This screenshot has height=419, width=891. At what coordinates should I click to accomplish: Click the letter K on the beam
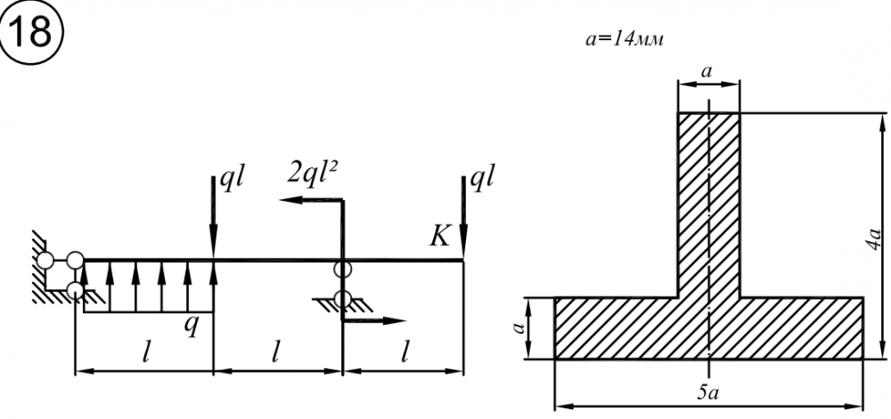click(438, 234)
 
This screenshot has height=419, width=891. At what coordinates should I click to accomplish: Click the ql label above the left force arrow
click(233, 179)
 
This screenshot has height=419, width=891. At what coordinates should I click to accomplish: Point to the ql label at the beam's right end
click(482, 178)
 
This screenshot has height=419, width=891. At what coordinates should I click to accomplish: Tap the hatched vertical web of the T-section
click(709, 205)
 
